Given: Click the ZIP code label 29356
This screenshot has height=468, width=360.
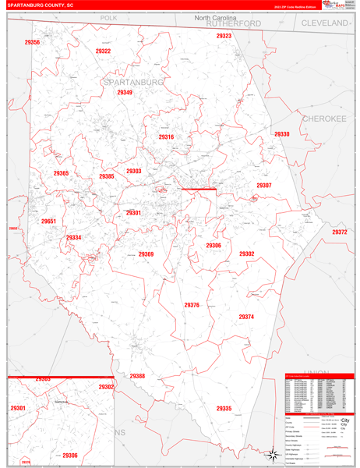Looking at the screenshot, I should click(32, 42).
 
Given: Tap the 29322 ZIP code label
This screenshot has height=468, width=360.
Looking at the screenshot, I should click(103, 51).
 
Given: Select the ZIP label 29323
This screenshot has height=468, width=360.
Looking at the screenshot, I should click(224, 36).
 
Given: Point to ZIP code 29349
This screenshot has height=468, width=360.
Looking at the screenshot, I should click(125, 93).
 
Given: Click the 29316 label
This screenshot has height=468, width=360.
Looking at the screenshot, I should click(166, 137).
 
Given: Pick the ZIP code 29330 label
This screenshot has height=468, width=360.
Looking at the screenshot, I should click(281, 134).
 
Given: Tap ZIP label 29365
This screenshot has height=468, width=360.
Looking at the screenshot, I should click(61, 173).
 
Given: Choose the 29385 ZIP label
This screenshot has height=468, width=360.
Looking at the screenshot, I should click(107, 177).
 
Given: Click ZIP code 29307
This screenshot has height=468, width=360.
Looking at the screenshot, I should click(264, 186).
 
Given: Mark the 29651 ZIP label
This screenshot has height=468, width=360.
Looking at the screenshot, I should click(49, 222).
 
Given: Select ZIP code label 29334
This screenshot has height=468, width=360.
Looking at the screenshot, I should click(73, 238).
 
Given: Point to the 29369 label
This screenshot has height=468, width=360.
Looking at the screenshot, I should click(146, 254).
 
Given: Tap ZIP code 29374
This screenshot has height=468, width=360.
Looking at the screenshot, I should click(246, 317).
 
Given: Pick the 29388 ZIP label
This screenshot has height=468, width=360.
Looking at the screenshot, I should click(137, 376).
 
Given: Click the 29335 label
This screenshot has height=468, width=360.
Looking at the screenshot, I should click(224, 409).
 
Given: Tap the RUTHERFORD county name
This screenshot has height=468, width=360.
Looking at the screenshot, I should click(234, 24).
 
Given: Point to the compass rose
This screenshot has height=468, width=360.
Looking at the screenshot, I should click(273, 454).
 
